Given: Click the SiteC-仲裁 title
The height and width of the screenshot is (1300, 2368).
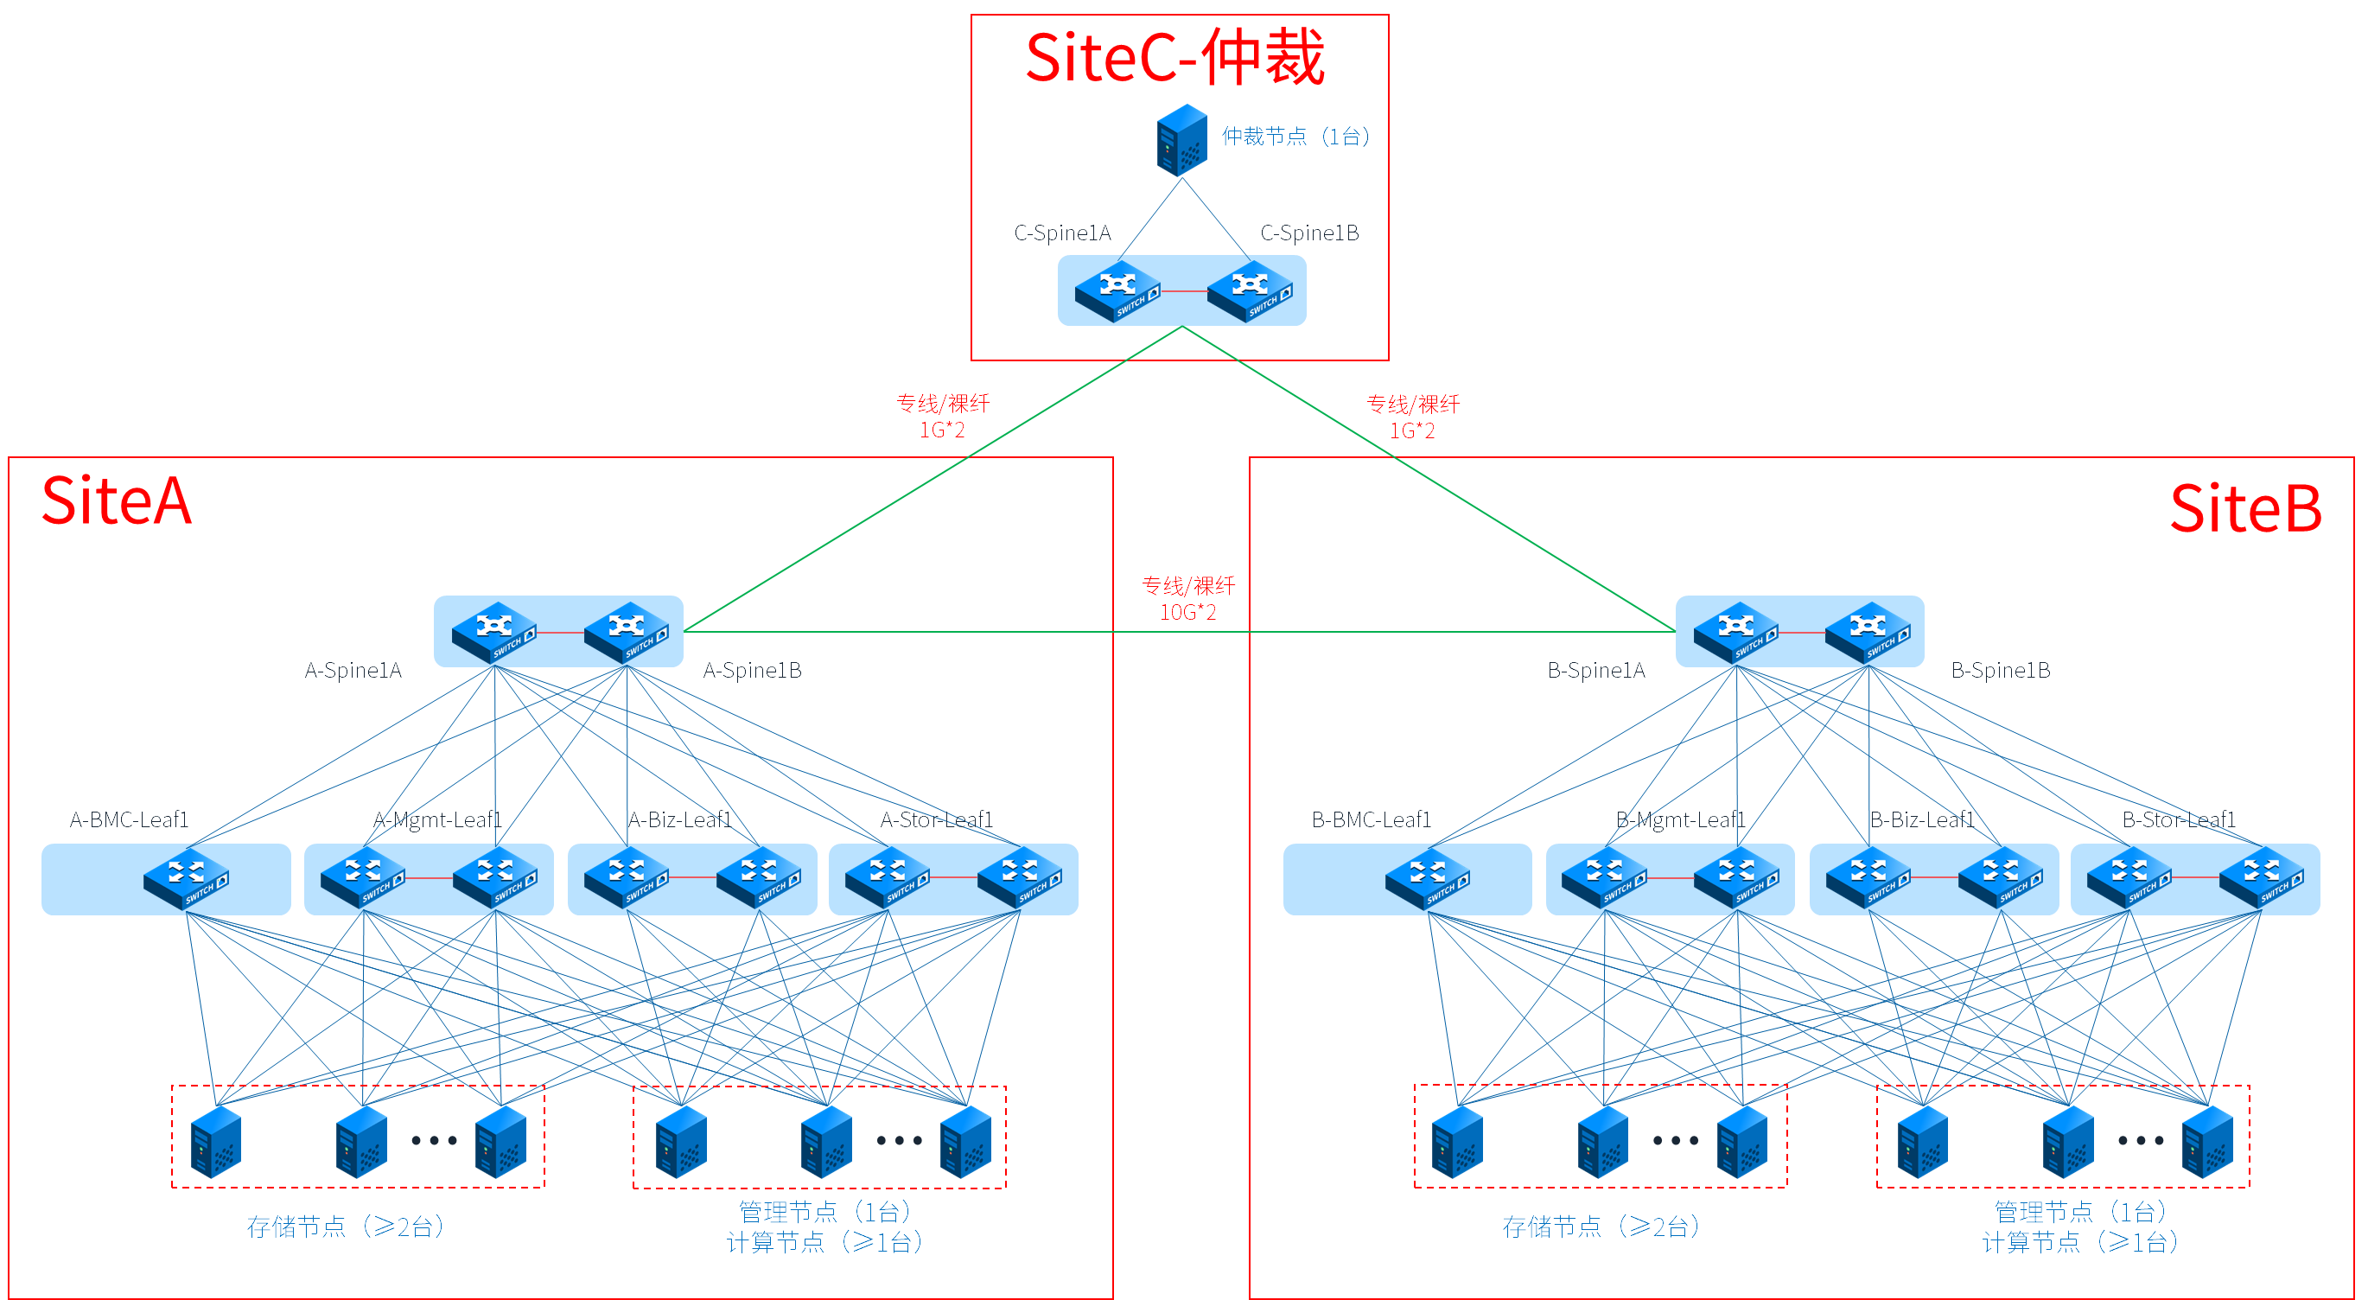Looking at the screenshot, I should point(1174,58).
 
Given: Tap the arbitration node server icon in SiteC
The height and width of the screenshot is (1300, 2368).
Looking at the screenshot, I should point(1181,140).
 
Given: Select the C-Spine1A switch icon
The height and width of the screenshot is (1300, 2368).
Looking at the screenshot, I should point(1117,291).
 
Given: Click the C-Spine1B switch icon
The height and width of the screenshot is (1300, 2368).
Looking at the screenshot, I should point(1250,291).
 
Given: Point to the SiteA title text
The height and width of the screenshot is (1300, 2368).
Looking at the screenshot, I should point(117,502).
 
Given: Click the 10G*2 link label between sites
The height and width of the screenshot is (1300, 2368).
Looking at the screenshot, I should point(1187,612).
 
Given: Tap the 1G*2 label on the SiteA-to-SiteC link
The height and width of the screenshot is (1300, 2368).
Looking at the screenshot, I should point(942,430).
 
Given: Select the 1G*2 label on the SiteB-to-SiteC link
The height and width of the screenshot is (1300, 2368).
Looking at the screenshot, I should point(1411,431).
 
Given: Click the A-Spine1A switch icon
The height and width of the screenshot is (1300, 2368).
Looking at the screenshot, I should point(494,633).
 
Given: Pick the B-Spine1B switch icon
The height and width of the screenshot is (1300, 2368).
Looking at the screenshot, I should point(1868,633).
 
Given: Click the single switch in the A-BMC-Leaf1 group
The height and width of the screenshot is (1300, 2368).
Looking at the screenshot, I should point(186,879).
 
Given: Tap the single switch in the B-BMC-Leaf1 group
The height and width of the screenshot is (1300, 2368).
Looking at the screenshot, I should point(1428,879).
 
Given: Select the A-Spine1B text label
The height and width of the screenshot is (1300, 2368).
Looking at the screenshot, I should point(752,670).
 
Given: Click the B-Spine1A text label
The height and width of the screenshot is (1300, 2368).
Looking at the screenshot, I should point(1596,670).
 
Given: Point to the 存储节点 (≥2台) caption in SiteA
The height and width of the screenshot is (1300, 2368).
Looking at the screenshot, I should point(346,1227).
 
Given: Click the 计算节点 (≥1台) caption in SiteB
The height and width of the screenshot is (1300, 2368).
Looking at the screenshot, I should point(2079,1243).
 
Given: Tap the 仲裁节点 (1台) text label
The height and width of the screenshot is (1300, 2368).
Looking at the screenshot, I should point(1295,137).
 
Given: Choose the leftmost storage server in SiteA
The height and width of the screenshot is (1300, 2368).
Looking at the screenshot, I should point(215,1141).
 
